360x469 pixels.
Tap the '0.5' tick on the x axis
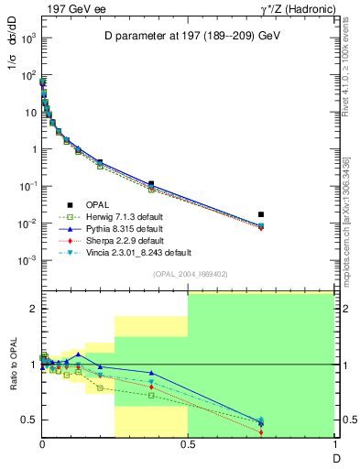(x=188, y=445)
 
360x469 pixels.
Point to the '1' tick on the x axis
(x=333, y=445)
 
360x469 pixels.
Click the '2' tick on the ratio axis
(x=33, y=309)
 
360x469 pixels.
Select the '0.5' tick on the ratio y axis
(x=28, y=420)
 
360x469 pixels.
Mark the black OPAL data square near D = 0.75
(x=261, y=214)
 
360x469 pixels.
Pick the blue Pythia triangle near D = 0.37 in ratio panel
(x=151, y=373)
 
